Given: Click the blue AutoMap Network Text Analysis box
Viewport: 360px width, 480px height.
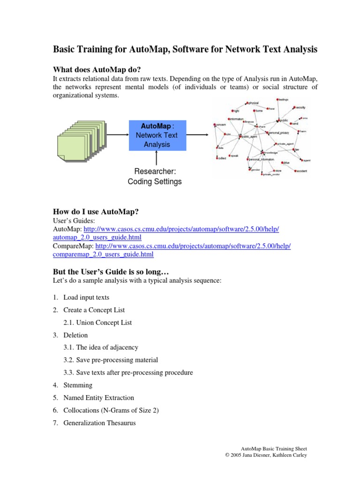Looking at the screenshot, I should (x=157, y=135).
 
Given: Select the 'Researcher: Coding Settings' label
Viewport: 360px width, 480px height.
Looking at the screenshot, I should (x=154, y=177).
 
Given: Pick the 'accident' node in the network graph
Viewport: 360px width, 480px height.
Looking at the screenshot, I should (x=300, y=171).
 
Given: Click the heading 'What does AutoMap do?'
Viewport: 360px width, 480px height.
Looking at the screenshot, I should (x=97, y=70).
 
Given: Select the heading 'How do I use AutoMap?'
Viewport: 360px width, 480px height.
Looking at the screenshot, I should (x=95, y=211).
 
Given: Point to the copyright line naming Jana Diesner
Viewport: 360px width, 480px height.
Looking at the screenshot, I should (x=266, y=455).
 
